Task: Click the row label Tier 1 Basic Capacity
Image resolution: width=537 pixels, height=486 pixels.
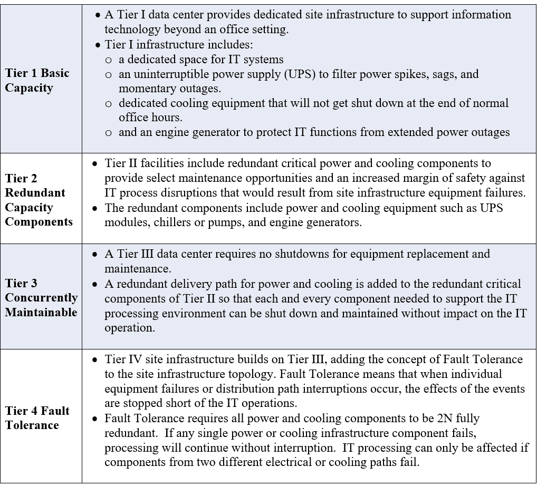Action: point(37,80)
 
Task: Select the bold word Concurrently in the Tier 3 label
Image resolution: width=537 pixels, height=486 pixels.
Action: point(41,298)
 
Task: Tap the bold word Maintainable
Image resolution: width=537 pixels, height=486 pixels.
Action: point(41,312)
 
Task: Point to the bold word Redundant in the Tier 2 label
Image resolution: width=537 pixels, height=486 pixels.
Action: point(35,193)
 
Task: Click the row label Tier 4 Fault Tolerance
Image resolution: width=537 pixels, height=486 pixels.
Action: point(37,417)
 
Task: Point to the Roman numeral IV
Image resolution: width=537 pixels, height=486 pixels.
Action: point(134,359)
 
